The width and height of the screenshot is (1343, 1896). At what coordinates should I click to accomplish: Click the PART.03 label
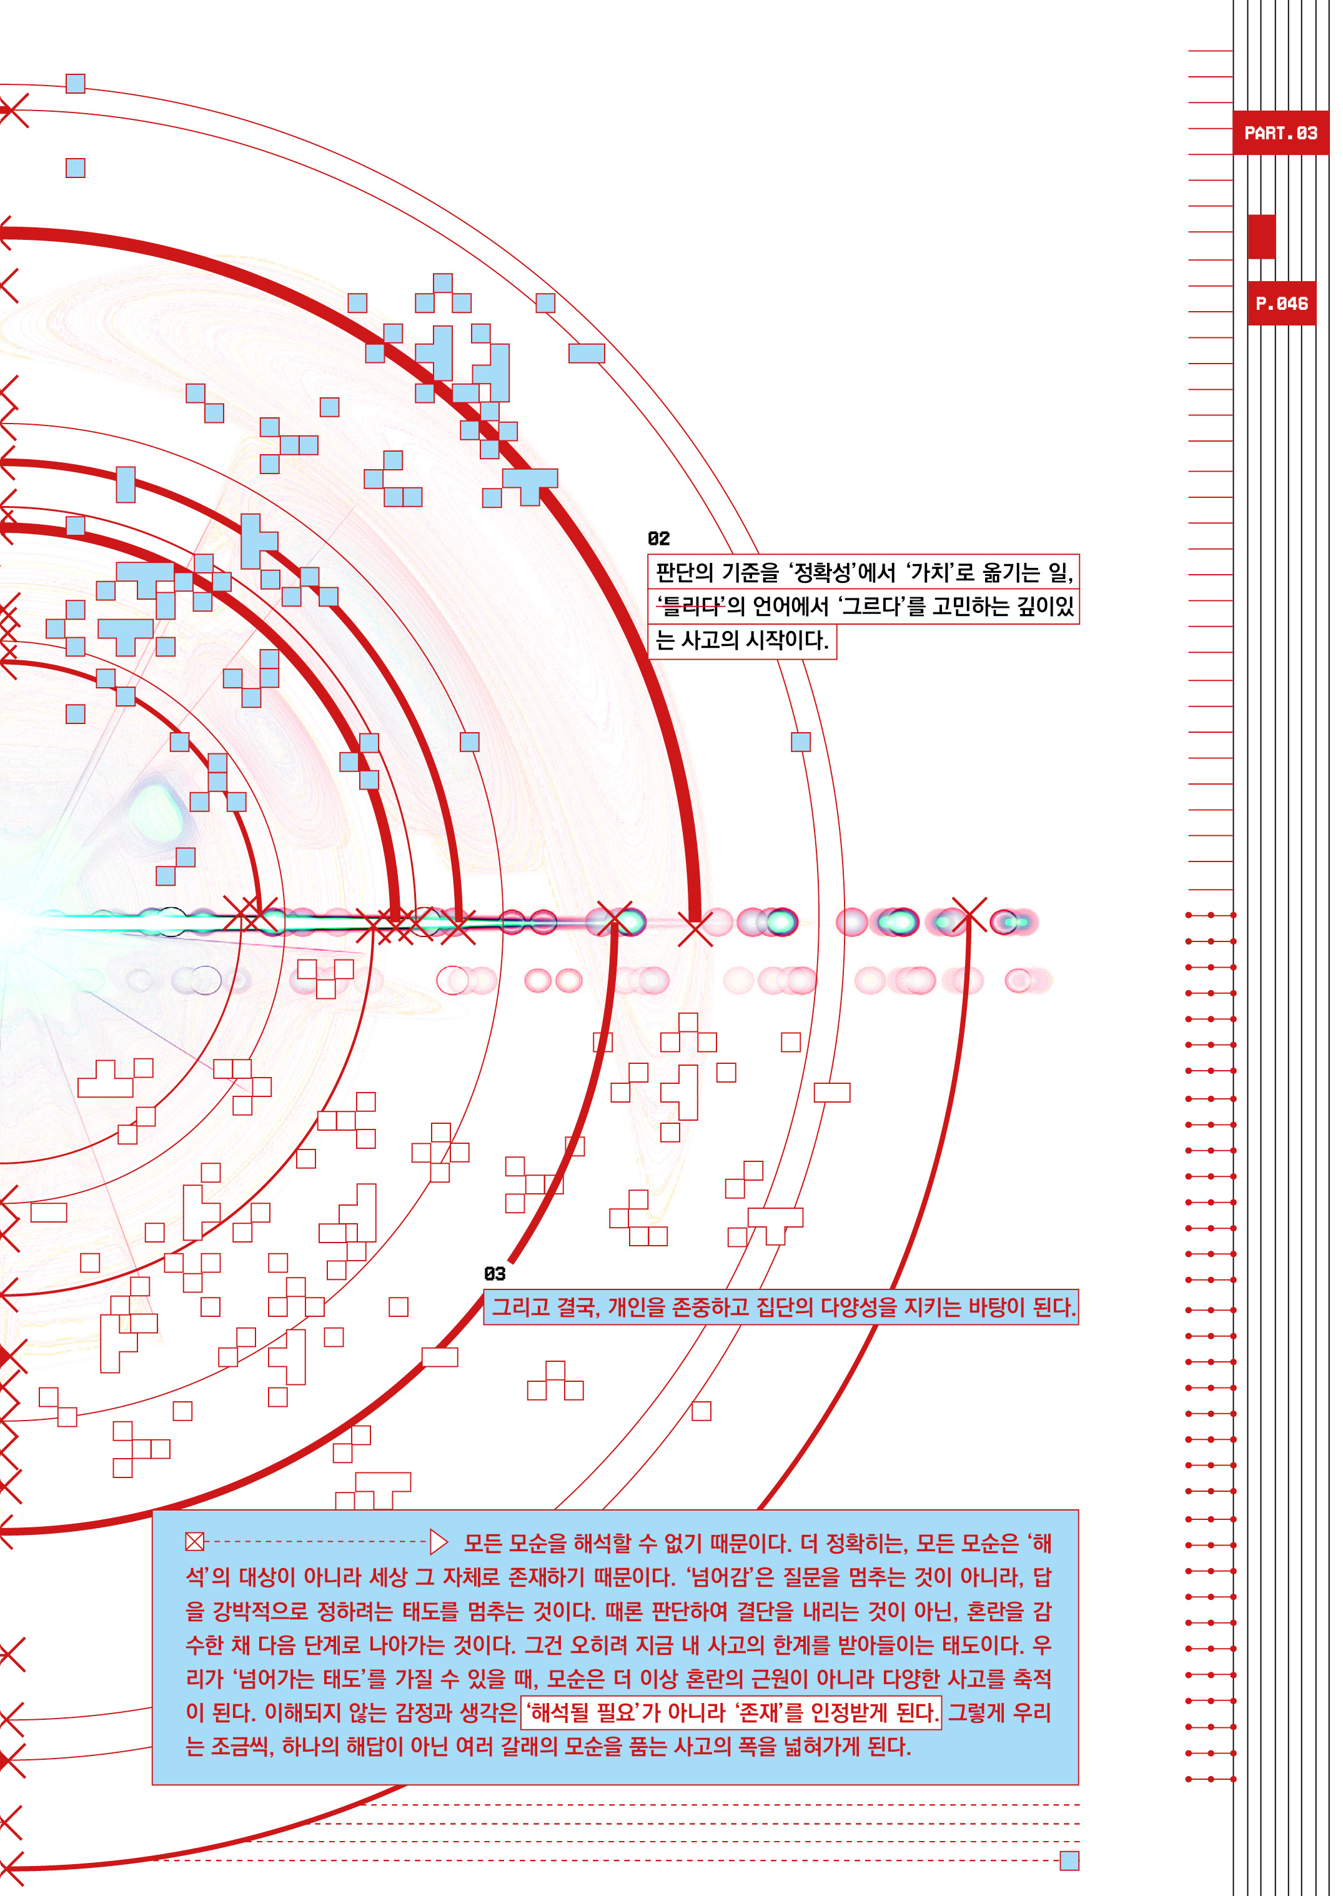pos(1280,132)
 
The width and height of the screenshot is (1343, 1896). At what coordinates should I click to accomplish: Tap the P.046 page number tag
pos(1281,304)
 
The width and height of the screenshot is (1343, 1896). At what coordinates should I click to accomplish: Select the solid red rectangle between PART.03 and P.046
pos(1261,237)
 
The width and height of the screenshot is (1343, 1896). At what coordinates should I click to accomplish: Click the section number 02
pos(658,539)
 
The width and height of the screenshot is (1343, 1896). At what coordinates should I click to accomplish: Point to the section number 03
pos(495,1273)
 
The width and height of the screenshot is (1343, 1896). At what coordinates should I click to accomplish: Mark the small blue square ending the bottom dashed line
pos(1069,1860)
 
